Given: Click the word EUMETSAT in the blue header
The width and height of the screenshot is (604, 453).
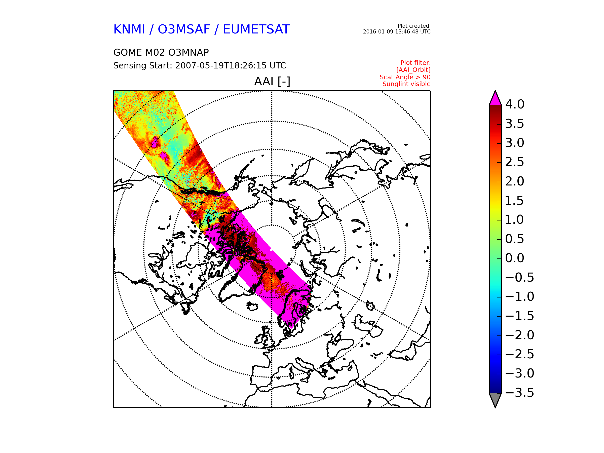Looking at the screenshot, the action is click(x=256, y=29).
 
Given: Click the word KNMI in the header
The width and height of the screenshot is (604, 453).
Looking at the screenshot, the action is click(x=129, y=29).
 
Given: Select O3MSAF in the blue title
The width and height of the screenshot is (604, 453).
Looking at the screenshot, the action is click(x=184, y=29).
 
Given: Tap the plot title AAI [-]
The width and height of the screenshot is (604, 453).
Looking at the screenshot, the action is click(x=272, y=81).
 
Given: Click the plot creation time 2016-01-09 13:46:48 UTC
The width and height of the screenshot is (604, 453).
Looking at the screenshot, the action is click(x=396, y=32).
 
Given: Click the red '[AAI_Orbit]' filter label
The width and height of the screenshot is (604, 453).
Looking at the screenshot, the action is click(x=413, y=70).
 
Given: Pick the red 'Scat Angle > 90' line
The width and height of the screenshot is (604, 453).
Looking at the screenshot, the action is click(x=405, y=77).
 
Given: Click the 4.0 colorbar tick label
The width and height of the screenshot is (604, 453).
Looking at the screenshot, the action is click(x=515, y=104).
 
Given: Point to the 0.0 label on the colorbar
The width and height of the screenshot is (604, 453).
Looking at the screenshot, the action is click(x=514, y=258).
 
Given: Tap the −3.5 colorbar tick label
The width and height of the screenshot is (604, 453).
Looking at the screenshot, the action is click(x=519, y=393).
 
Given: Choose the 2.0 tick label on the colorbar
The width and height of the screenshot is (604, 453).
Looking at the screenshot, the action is click(x=514, y=181).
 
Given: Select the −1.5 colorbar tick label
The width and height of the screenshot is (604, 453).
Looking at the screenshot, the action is click(x=519, y=316).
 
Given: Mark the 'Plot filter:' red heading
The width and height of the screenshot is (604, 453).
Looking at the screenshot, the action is click(x=415, y=63).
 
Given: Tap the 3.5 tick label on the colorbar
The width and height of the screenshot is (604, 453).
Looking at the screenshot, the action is click(x=514, y=124).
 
